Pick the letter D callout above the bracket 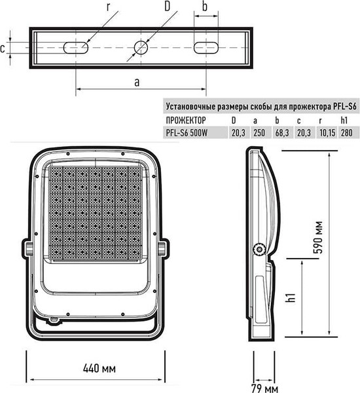click(168, 7)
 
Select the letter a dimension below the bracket click(137, 82)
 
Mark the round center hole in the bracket click(141, 47)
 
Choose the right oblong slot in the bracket click(205, 47)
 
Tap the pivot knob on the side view click(261, 249)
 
